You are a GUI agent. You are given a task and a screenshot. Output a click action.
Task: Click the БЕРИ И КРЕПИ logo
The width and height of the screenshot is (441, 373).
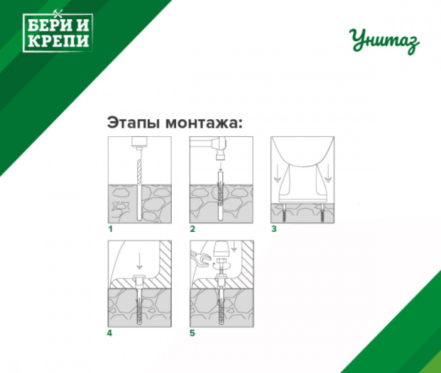point(58,32)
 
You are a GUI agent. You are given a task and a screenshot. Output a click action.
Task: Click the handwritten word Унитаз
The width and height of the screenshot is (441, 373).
point(384,41)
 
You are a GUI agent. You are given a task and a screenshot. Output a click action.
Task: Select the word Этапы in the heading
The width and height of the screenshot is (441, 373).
point(134,123)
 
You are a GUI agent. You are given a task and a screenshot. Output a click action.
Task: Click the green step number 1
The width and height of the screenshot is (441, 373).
point(111,229)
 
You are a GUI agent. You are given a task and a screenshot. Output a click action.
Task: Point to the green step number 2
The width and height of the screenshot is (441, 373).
point(192,229)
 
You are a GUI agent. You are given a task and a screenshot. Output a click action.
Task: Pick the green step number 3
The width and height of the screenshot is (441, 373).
point(274,229)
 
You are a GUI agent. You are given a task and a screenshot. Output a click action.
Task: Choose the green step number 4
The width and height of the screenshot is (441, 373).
point(109,333)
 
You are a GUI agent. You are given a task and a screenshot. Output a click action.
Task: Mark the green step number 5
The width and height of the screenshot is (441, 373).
point(192,333)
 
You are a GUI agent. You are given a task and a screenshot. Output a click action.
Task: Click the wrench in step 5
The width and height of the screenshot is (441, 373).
point(201,257)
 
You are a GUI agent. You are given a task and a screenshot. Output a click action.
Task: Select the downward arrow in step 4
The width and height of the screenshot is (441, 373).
point(139,261)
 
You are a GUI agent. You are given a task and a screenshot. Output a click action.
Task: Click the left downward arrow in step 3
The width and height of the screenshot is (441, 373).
point(278,174)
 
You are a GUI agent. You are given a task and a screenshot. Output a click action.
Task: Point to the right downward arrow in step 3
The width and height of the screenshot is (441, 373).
point(328,174)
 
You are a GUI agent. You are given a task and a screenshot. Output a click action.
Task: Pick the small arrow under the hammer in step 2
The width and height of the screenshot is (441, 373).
point(220,167)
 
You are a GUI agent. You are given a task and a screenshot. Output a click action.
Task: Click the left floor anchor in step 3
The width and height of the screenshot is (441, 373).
point(284,213)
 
